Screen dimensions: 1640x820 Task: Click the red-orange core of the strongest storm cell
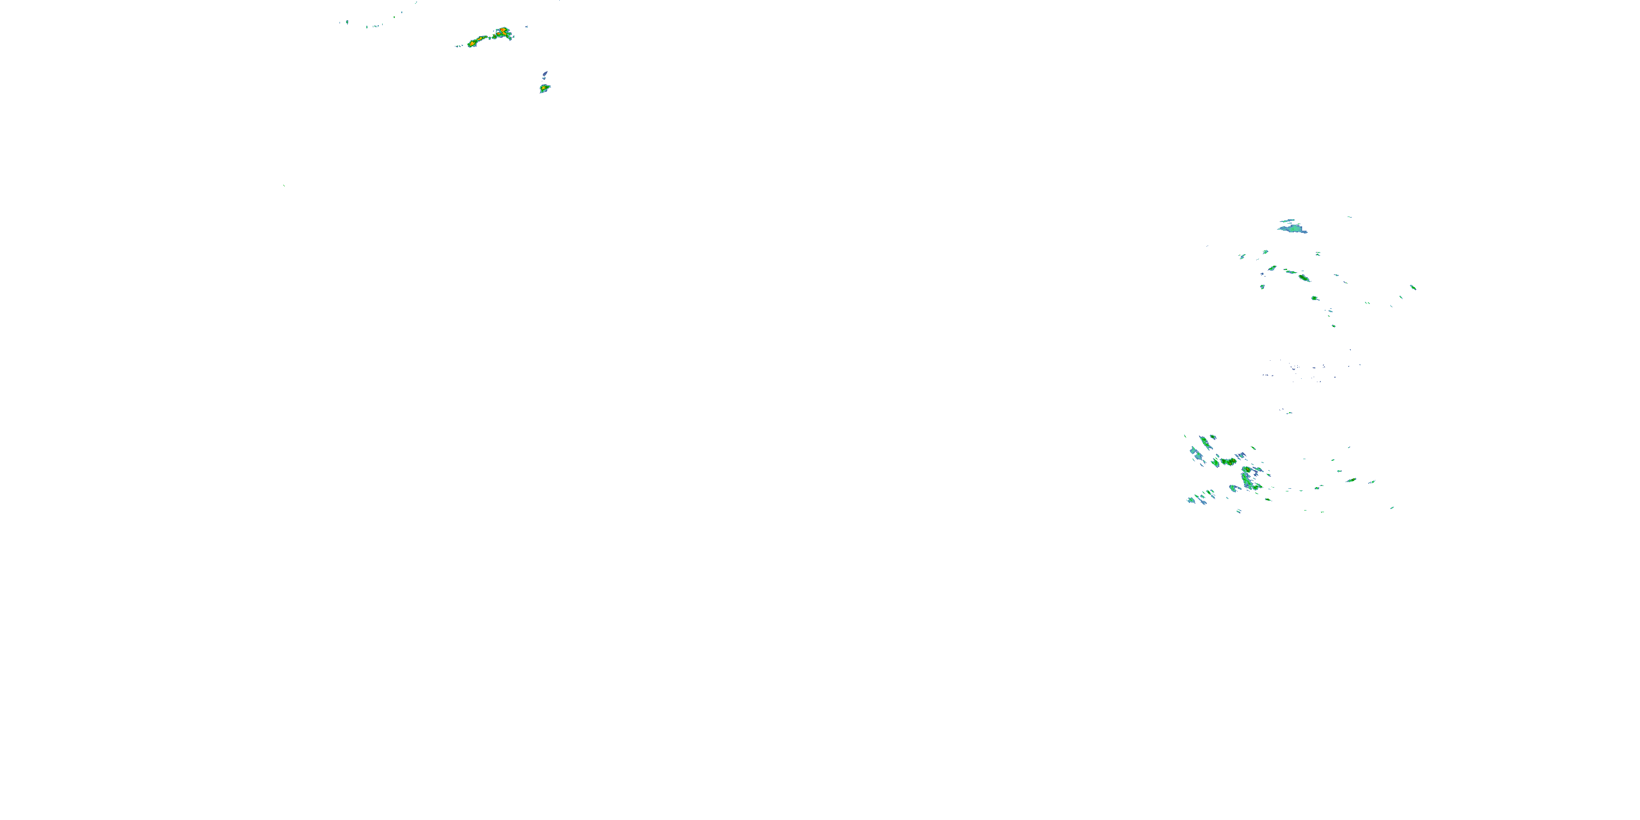503,30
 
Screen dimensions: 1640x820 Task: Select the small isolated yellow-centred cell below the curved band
544,88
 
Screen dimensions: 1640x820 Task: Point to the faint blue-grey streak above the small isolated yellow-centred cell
545,74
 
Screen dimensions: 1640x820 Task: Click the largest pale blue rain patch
1293,228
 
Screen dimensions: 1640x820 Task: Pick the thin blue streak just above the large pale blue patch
1288,220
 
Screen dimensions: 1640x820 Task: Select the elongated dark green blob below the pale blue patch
1303,278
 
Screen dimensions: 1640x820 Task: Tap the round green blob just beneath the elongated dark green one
1315,297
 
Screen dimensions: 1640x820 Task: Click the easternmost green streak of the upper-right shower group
1413,287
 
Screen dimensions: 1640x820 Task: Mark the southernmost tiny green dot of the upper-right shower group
1334,326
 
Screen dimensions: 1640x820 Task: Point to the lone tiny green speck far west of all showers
284,186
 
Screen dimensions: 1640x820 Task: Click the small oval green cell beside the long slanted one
1213,437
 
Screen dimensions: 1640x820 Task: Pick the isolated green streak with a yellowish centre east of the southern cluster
1351,480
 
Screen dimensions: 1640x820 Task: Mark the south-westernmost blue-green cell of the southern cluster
1191,500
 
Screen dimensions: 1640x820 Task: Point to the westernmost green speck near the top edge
347,22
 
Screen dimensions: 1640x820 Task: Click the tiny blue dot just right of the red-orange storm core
526,27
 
